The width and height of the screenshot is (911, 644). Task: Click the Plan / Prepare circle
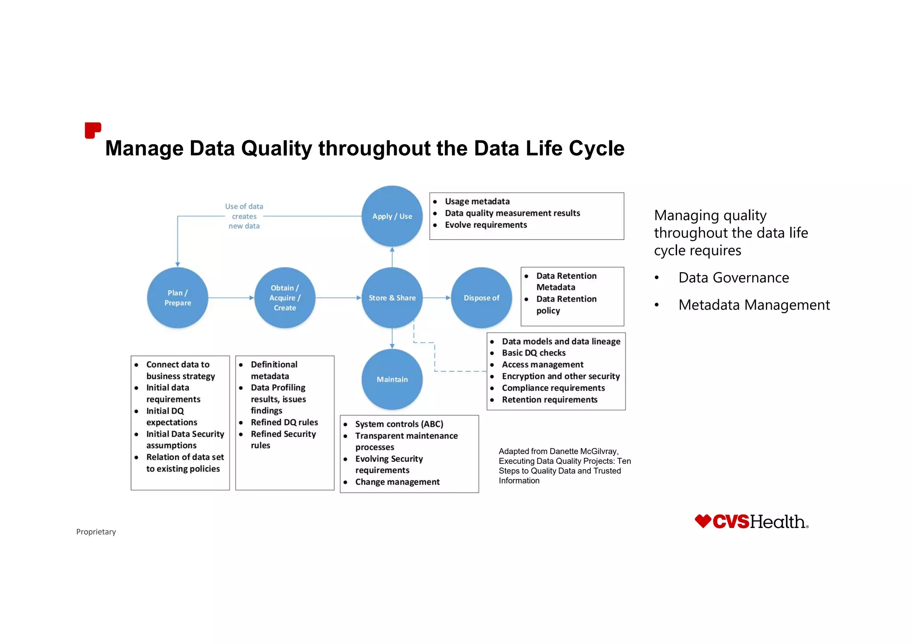[177, 298]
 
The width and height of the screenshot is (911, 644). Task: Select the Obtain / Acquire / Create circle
[285, 298]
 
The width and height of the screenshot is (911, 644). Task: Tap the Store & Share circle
[392, 298]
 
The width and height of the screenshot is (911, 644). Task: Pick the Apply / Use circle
[392, 216]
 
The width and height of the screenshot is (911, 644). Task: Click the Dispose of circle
[481, 298]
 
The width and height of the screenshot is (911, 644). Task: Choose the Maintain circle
[392, 379]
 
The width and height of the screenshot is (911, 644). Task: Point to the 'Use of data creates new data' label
[244, 216]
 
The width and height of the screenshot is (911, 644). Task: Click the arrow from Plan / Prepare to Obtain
[231, 298]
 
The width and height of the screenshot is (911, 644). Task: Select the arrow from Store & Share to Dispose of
[436, 298]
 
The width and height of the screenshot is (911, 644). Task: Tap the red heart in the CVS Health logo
[703, 521]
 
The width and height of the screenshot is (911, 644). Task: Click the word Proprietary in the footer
[96, 532]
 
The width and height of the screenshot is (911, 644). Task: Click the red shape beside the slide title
[93, 130]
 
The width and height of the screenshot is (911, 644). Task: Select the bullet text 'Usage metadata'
[477, 201]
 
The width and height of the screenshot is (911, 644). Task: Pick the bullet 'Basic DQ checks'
[533, 353]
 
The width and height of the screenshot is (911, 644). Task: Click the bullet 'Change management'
[397, 482]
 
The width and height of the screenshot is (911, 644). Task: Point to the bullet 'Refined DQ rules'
[284, 422]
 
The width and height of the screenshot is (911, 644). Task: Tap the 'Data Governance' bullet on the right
[733, 278]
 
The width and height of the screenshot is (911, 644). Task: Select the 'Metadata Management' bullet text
[754, 305]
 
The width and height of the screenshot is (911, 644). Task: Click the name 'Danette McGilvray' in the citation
[584, 451]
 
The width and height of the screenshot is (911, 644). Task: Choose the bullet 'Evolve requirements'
[485, 225]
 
